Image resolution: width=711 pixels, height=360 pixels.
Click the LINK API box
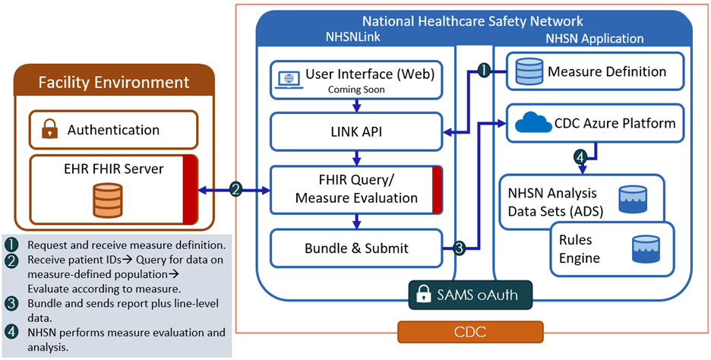click(x=356, y=132)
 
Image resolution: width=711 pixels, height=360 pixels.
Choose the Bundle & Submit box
click(x=356, y=248)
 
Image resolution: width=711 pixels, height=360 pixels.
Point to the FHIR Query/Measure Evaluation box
click(x=356, y=190)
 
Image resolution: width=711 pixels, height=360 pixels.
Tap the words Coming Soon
click(x=356, y=90)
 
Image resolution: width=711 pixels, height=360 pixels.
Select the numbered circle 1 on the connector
click(x=483, y=71)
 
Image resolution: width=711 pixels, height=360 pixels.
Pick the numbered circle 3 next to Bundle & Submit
click(x=460, y=248)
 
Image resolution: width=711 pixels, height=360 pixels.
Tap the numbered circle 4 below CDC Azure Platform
click(x=580, y=159)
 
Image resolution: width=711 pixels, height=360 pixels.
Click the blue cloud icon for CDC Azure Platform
click(x=533, y=122)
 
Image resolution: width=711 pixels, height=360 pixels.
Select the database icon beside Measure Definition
click(x=529, y=72)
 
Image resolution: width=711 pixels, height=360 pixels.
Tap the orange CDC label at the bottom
click(x=470, y=332)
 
